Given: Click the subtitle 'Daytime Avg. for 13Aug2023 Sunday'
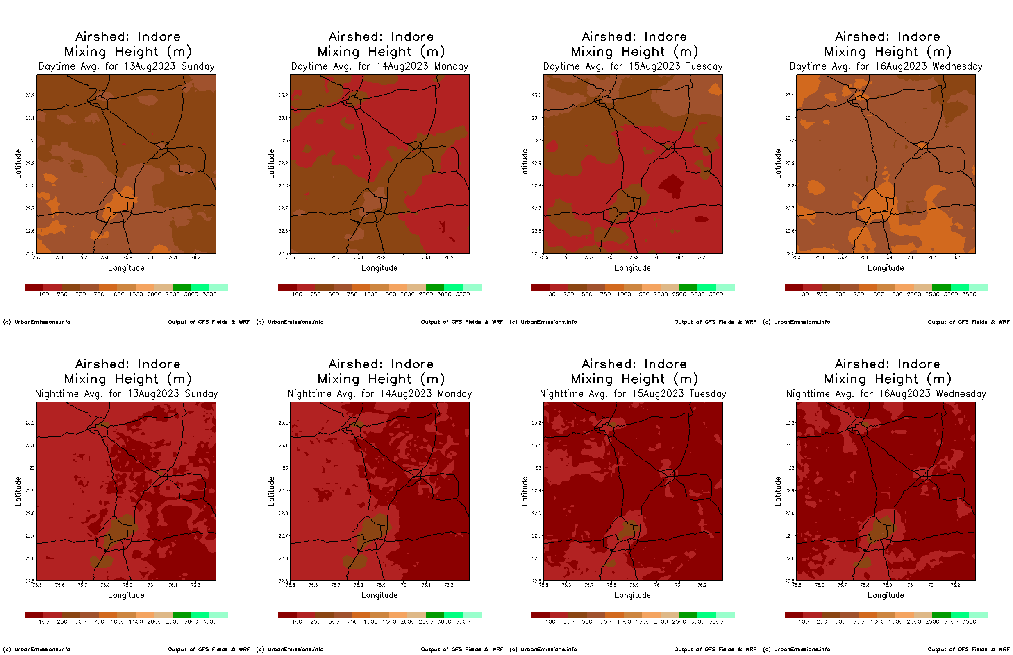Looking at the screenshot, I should [x=126, y=66].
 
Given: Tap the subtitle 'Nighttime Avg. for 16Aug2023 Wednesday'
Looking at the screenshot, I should [x=886, y=394].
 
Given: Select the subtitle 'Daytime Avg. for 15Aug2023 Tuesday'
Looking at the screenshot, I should [x=632, y=66].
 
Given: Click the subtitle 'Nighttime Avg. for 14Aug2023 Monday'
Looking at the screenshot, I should [x=379, y=394].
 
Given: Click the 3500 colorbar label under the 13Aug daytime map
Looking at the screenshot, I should [x=209, y=294].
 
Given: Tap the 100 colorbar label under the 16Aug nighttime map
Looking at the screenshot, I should [x=803, y=622].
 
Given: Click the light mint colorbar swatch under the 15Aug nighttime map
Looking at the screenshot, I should [x=725, y=615].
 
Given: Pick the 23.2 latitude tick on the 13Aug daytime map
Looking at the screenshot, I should [x=30, y=95].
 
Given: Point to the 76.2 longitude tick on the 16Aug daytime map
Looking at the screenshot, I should [x=955, y=258].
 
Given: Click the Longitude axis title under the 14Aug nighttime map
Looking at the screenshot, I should [x=379, y=596].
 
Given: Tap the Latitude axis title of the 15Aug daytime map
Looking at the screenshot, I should [x=525, y=164].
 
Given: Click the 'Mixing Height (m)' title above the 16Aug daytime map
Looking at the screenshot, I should [x=888, y=52].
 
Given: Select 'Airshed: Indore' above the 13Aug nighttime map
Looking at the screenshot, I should [x=128, y=364].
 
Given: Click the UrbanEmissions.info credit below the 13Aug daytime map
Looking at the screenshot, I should [x=36, y=322].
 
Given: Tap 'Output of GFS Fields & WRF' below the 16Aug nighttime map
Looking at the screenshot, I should [x=968, y=649].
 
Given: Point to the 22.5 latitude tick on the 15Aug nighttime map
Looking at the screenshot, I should [x=536, y=581].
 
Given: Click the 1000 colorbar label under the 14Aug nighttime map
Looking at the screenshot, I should [x=370, y=622].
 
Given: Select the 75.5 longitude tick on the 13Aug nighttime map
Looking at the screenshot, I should [x=37, y=585].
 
